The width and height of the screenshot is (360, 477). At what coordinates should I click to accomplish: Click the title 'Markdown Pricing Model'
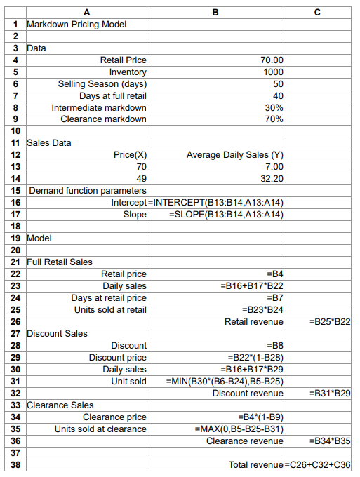pos(77,25)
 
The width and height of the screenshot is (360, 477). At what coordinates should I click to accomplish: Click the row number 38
pos(14,464)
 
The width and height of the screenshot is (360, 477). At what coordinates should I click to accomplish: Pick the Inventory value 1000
pos(272,72)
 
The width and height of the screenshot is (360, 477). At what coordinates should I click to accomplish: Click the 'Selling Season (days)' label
pos(102,84)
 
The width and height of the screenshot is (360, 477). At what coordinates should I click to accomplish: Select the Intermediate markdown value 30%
pos(274,107)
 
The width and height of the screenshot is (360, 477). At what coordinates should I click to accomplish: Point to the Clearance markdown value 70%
pos(274,119)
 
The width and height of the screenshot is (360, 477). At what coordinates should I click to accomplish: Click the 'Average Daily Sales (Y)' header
pos(234,155)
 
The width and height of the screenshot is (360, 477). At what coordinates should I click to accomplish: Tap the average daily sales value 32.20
pos(272,179)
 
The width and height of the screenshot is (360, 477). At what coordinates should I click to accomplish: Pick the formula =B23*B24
pos(262,309)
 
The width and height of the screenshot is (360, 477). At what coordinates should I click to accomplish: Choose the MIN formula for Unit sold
pos(224,381)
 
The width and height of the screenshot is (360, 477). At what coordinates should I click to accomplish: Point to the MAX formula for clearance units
pos(238,429)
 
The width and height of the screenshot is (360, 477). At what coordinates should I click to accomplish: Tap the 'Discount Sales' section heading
pos(57,333)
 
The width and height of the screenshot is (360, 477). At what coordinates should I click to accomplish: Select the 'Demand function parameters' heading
pos(88,191)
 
